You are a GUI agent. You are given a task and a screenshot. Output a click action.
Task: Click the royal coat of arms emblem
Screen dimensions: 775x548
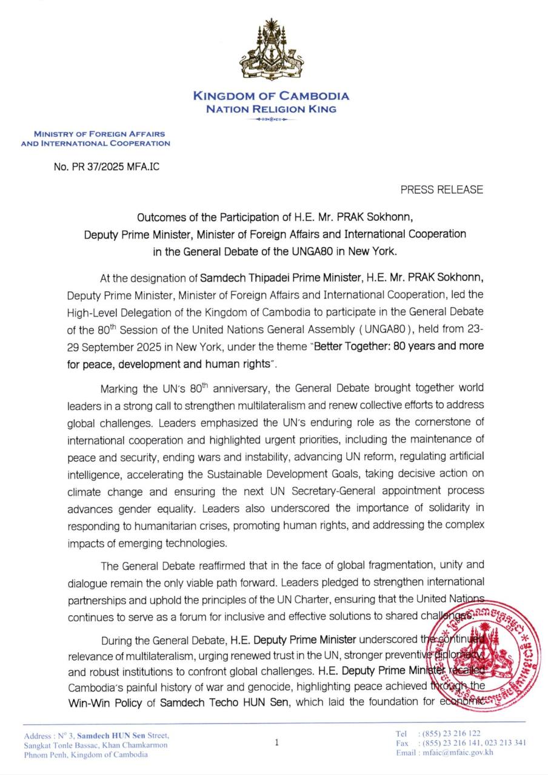[271, 52]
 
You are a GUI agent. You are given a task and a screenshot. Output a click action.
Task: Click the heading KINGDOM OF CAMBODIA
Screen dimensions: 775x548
[271, 96]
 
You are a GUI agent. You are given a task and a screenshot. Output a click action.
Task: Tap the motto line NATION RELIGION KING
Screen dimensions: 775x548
[271, 109]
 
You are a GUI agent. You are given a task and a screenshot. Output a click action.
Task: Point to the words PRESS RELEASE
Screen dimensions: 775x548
[441, 190]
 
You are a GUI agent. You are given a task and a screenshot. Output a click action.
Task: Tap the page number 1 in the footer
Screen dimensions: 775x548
[276, 742]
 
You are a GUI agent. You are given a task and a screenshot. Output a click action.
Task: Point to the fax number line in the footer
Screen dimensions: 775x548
[461, 743]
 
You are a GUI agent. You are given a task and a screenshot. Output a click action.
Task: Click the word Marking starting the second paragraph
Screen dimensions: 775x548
[120, 387]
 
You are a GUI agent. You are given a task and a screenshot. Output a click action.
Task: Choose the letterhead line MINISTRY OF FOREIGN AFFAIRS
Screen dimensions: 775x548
[99, 134]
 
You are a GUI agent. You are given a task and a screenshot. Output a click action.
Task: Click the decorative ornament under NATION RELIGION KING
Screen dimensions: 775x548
[271, 119]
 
